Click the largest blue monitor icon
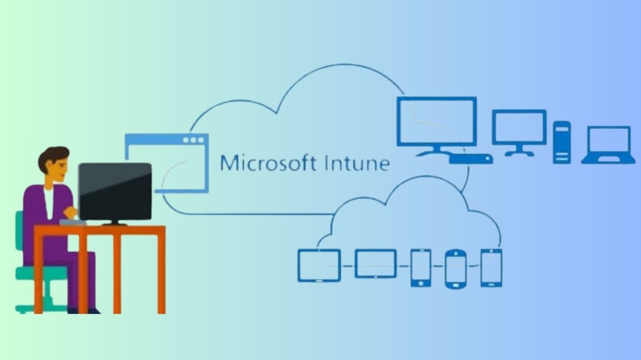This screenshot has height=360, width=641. pos(436,122)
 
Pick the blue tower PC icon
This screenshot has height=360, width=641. pos(561,142)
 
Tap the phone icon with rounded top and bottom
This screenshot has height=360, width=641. pos(456,269)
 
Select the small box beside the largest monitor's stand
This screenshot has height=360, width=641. pos(471,159)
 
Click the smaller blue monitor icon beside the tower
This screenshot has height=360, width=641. pos(519,131)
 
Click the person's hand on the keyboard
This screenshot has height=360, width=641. pos(69,213)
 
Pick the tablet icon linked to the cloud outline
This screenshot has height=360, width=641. pos(319,265)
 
